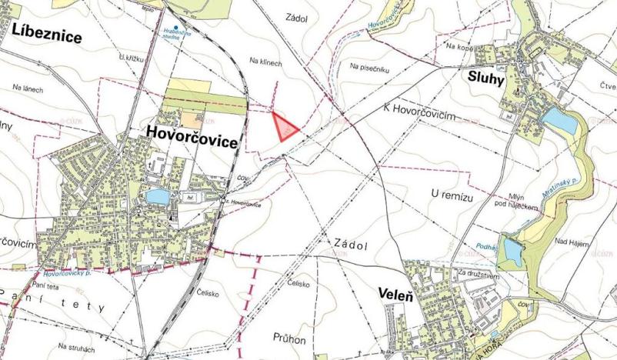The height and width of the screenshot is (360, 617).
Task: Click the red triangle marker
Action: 284,125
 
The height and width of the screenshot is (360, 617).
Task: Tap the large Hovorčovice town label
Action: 192,137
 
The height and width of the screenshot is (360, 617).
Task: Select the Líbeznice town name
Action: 46,35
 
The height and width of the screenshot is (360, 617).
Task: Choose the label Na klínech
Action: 267,62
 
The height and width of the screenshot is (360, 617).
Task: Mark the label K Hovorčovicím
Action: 419,112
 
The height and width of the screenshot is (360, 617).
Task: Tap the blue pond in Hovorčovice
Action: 158,197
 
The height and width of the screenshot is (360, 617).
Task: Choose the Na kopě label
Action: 459,47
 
